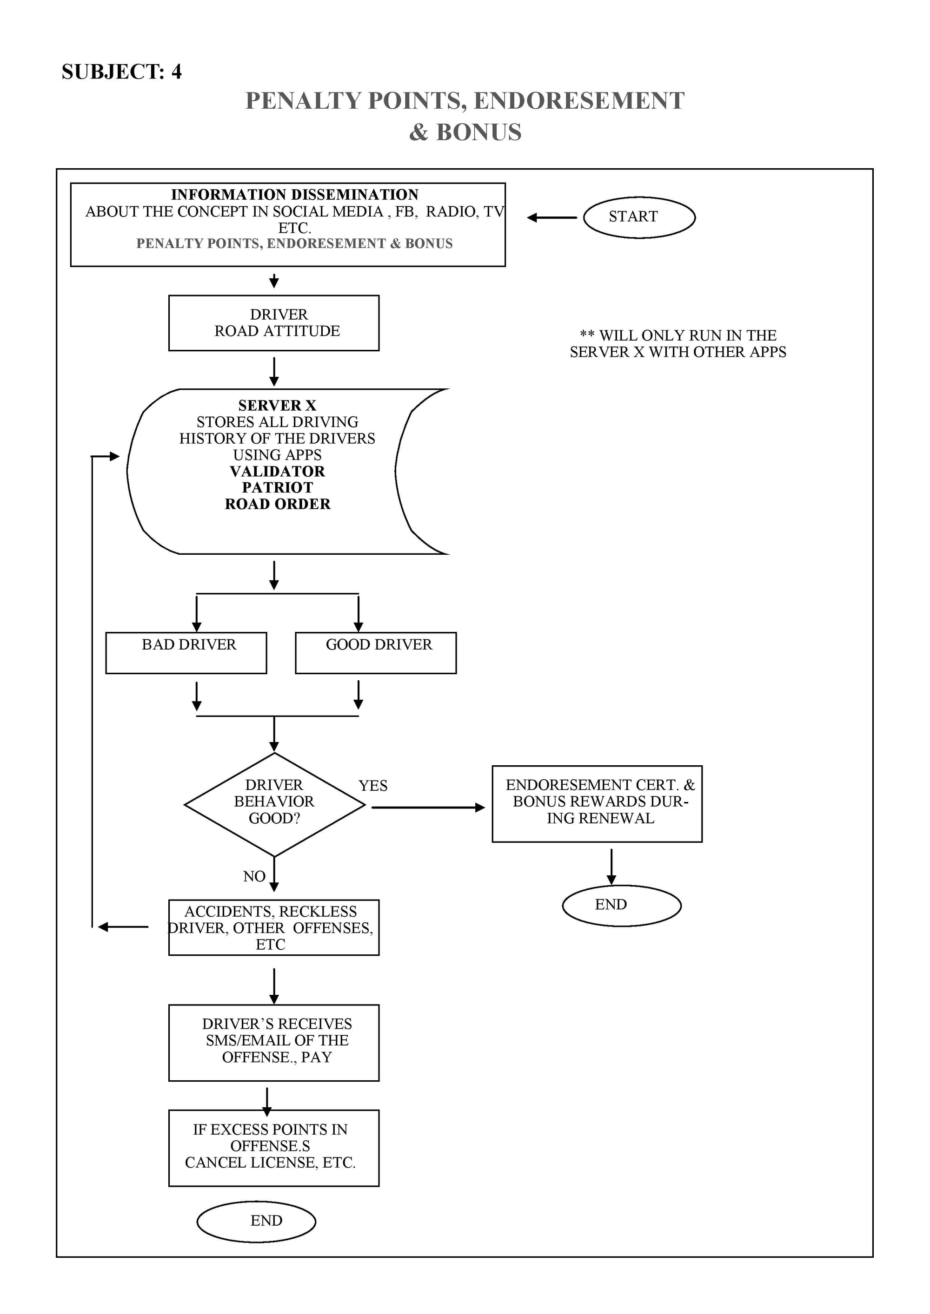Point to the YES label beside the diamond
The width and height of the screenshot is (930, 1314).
point(373,786)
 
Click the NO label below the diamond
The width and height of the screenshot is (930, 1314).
point(254,876)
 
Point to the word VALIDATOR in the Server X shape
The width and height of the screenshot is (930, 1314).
point(277,471)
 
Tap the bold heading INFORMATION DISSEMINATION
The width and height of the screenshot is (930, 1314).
point(294,195)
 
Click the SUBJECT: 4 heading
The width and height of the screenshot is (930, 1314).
point(121,72)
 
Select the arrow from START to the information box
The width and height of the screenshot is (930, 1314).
point(552,217)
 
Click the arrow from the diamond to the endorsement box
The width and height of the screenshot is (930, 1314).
point(428,808)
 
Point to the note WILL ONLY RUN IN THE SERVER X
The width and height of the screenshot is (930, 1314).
point(678,343)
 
